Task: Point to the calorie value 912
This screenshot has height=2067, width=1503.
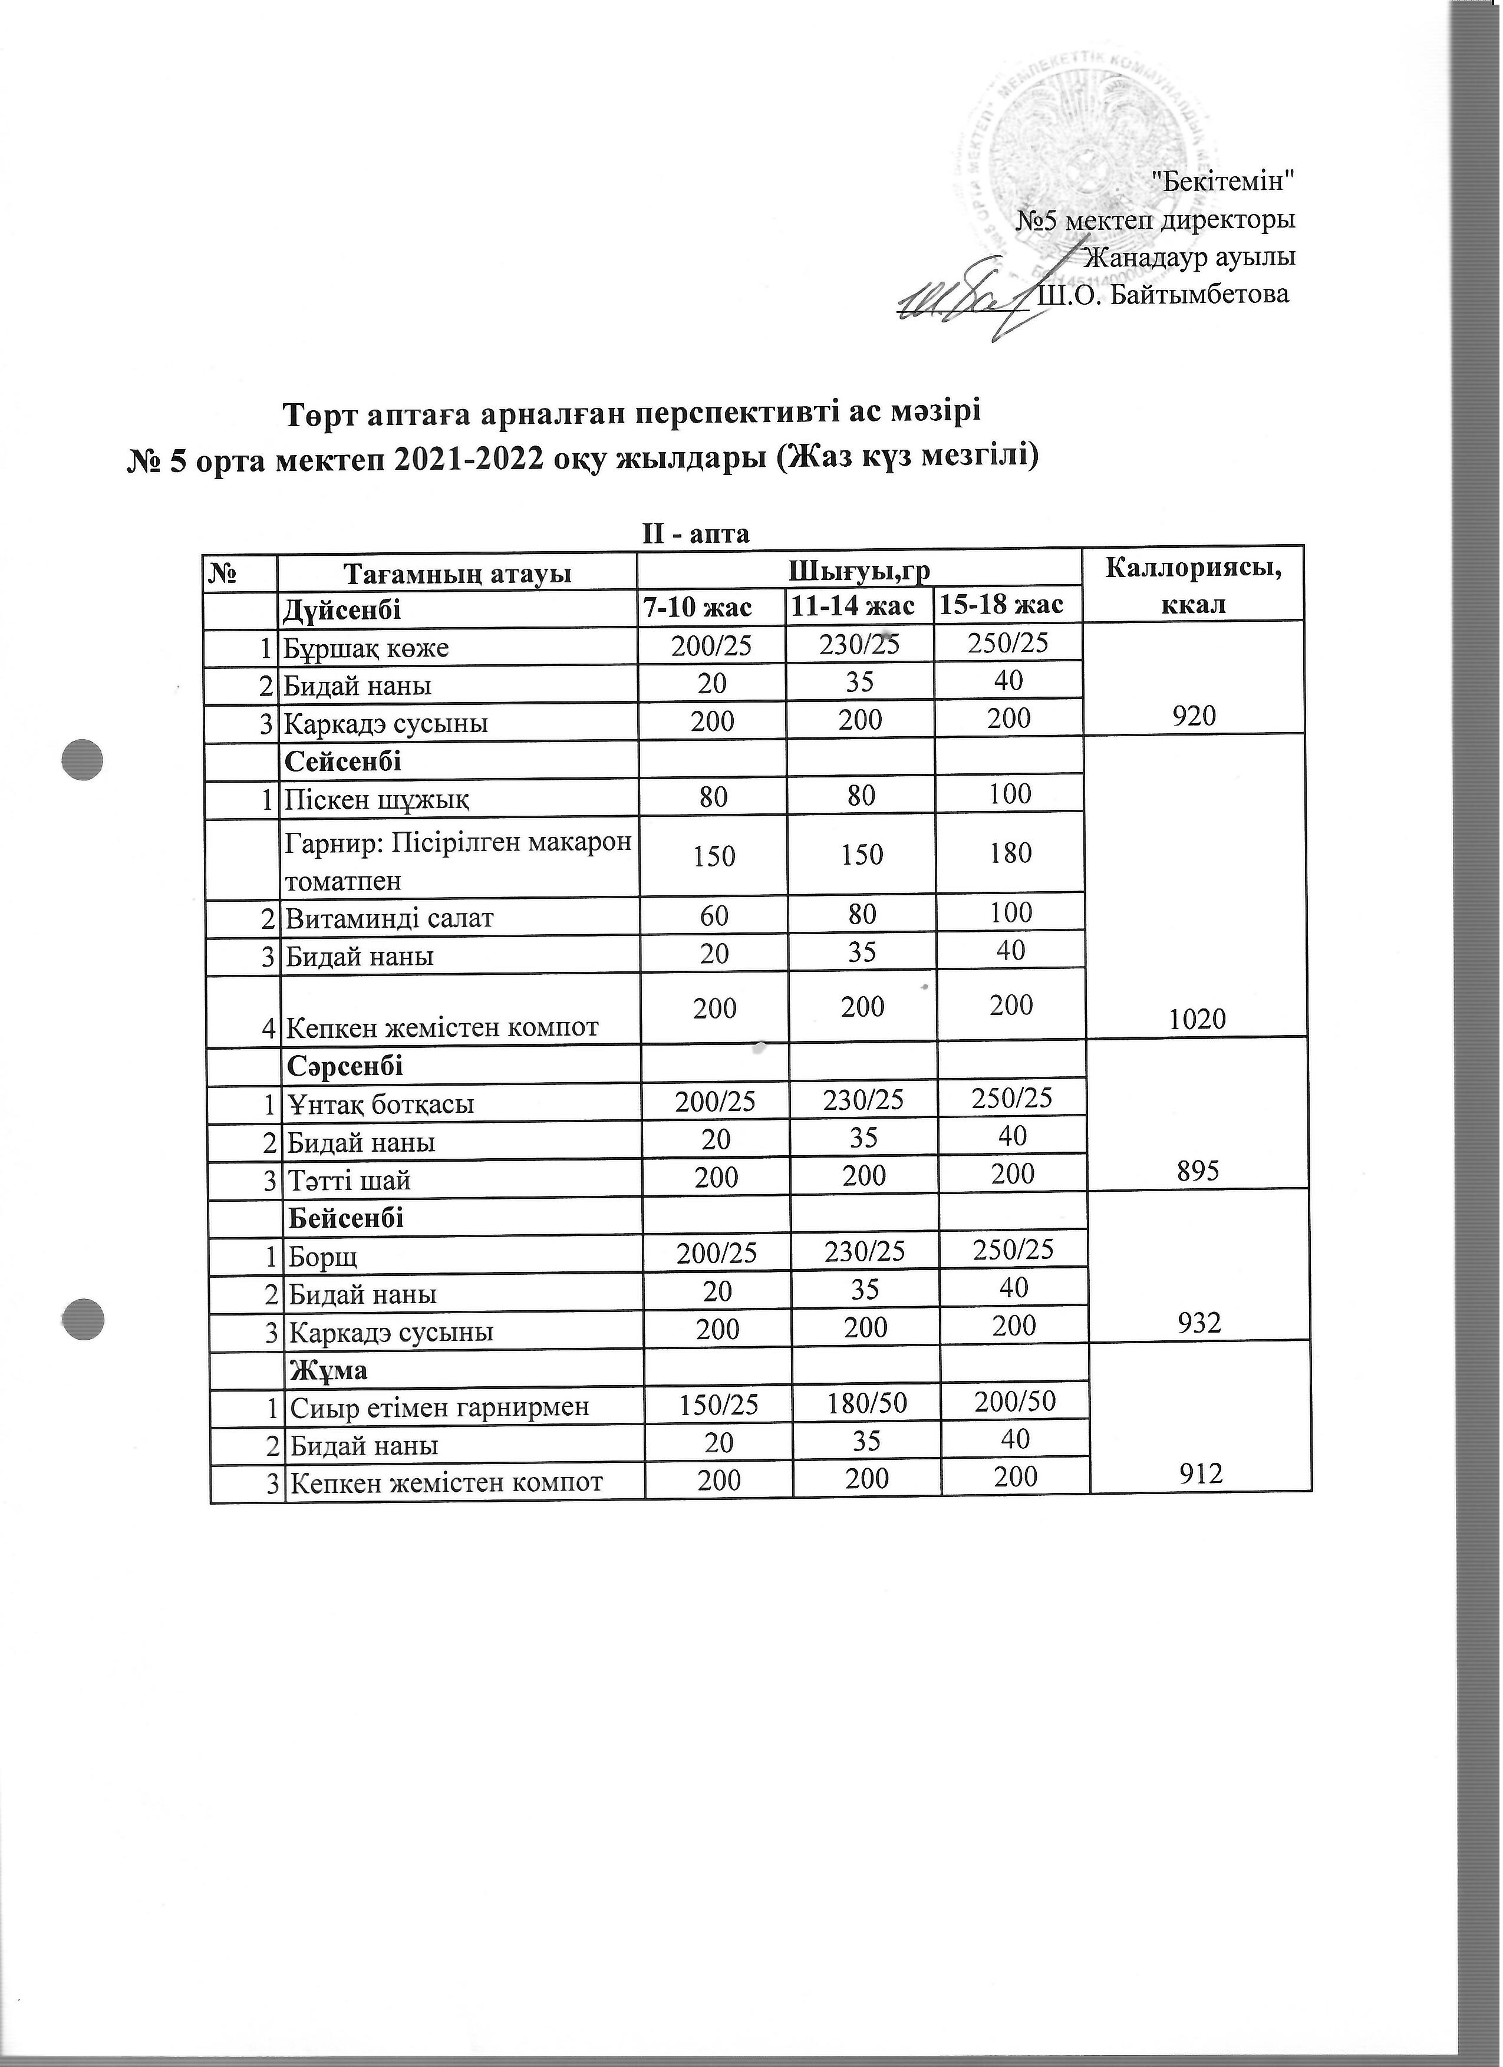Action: pyautogui.click(x=1201, y=1473)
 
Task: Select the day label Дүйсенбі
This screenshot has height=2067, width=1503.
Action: pyautogui.click(x=342, y=608)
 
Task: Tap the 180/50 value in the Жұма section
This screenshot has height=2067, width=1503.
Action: pyautogui.click(x=865, y=1403)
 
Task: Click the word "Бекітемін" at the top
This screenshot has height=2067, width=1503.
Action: pyautogui.click(x=1223, y=180)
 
